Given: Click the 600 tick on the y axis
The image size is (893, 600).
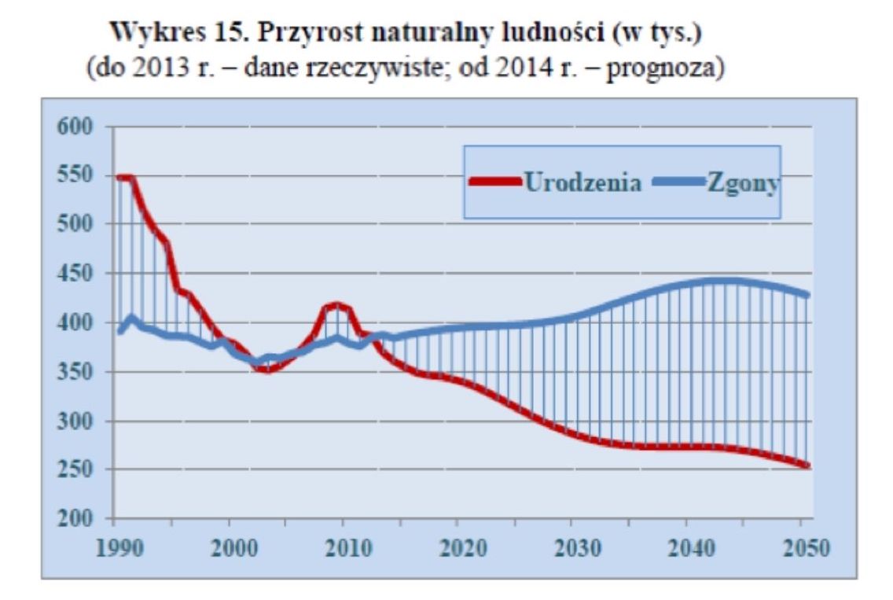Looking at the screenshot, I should pyautogui.click(x=73, y=127).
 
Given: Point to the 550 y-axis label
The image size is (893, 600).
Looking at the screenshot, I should pyautogui.click(x=73, y=176).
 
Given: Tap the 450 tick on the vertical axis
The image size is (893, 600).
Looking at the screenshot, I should pyautogui.click(x=73, y=274).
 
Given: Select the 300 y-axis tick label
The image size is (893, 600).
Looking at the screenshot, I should pyautogui.click(x=73, y=421).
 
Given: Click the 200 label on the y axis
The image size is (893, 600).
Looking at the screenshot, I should pyautogui.click(x=73, y=519).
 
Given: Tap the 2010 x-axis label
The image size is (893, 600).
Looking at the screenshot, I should pyautogui.click(x=344, y=547).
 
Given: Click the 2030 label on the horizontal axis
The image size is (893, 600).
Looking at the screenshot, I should pyautogui.click(x=573, y=547).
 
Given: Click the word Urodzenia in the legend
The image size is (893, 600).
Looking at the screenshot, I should pyautogui.click(x=583, y=182).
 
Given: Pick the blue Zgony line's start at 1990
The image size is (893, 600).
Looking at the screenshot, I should pyautogui.click(x=119, y=331).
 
